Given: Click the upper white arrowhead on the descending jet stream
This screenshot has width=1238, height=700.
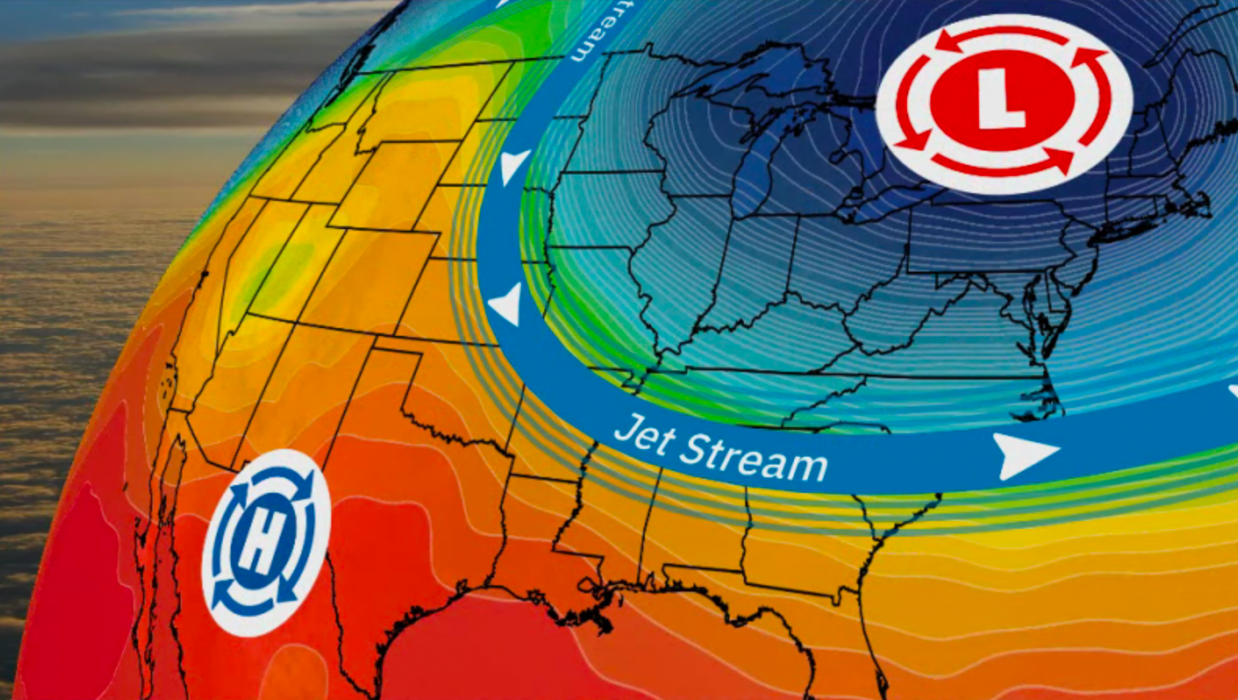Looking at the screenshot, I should pyautogui.click(x=514, y=166).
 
